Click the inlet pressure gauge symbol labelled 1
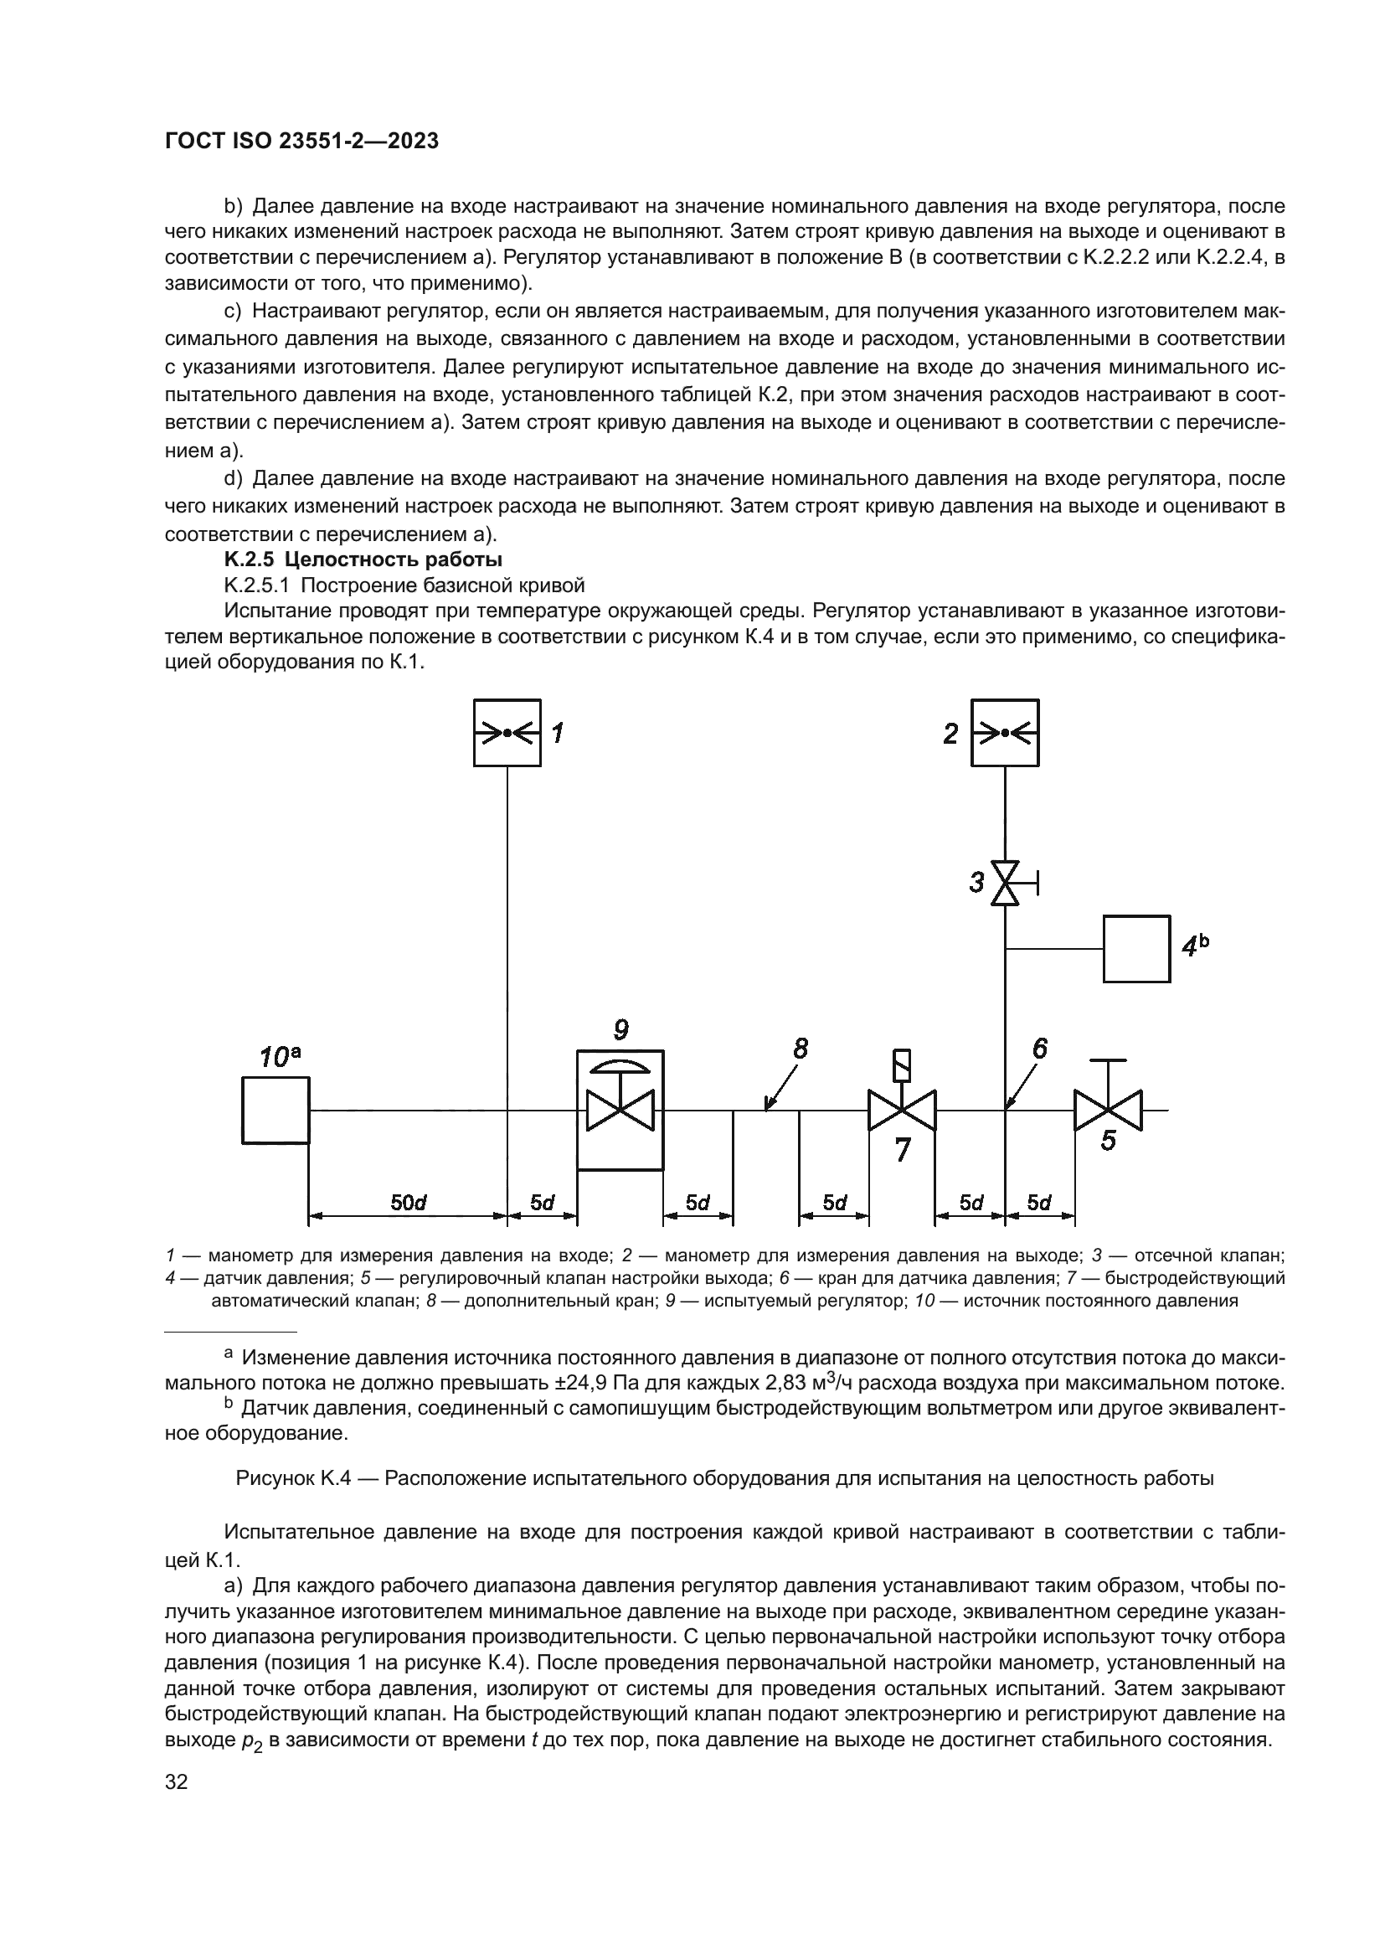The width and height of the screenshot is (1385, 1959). [x=507, y=732]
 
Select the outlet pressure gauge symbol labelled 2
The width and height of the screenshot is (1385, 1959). [x=1005, y=732]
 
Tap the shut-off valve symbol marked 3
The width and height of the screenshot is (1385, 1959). [x=1005, y=883]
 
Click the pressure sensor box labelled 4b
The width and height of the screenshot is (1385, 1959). [x=1136, y=948]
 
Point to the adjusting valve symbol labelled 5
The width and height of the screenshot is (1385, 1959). [x=1107, y=1110]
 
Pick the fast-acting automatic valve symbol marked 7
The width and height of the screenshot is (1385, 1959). [x=902, y=1109]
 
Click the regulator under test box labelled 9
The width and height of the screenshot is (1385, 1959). [x=620, y=1109]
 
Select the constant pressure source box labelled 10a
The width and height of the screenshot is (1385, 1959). [x=275, y=1109]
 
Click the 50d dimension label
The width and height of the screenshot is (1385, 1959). [x=408, y=1202]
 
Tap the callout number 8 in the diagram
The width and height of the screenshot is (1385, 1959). [x=800, y=1049]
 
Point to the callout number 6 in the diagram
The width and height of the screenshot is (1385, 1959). [x=1040, y=1049]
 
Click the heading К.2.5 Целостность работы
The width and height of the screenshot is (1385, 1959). [x=363, y=559]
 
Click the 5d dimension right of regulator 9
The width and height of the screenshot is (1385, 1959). [x=698, y=1202]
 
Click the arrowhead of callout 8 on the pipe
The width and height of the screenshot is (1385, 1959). [x=767, y=1107]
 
